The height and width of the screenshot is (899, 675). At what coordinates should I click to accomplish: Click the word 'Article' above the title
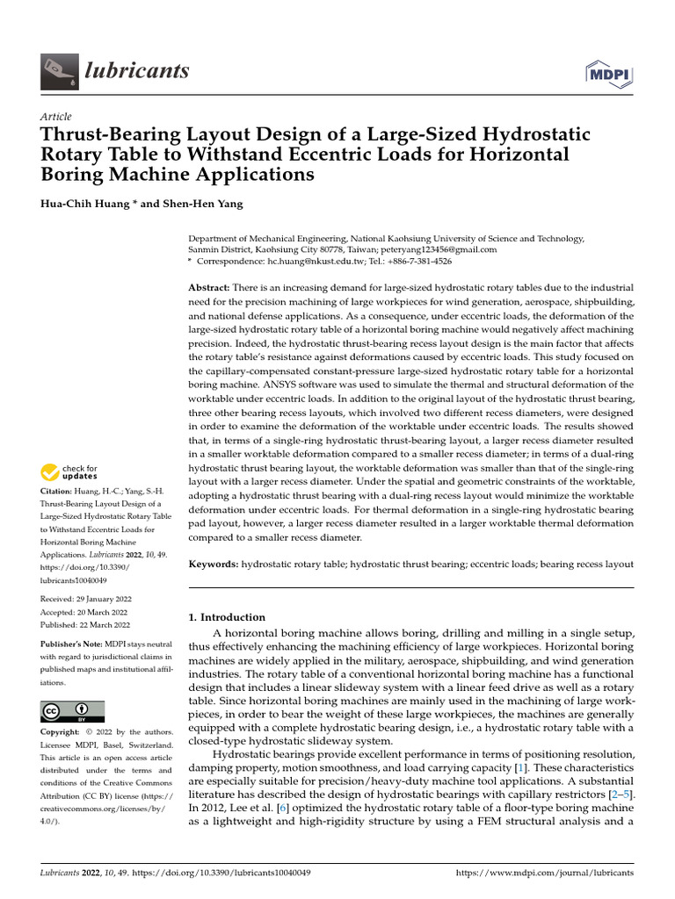pos(56,117)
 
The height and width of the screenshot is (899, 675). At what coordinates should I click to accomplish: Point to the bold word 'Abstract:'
pos(209,288)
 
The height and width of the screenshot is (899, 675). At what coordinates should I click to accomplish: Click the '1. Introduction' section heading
pos(227,617)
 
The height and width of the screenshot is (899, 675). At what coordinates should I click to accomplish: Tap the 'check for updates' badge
pos(70,472)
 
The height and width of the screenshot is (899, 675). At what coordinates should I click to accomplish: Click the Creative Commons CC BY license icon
pos(72,710)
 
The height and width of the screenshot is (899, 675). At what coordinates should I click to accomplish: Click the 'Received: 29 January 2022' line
pos(85,599)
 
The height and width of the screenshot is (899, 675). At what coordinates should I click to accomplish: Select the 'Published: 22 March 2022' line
pos(85,625)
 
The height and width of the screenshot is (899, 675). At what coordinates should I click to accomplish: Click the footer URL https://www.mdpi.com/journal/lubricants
pos(545,874)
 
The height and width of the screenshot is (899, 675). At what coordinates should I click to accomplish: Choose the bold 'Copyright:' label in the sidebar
pos(61,732)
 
